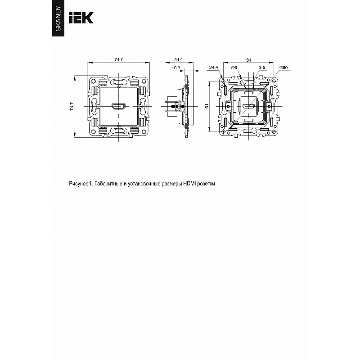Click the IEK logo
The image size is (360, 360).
[81, 18]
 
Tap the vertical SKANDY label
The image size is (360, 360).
[58, 19]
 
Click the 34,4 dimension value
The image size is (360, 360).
[178, 60]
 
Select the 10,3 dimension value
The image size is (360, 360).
[176, 68]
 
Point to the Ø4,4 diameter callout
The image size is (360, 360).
[213, 67]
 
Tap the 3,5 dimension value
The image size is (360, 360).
[262, 67]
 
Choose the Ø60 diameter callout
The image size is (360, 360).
[283, 68]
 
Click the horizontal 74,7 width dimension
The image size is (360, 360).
[119, 60]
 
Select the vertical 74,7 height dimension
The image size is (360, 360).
[72, 107]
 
